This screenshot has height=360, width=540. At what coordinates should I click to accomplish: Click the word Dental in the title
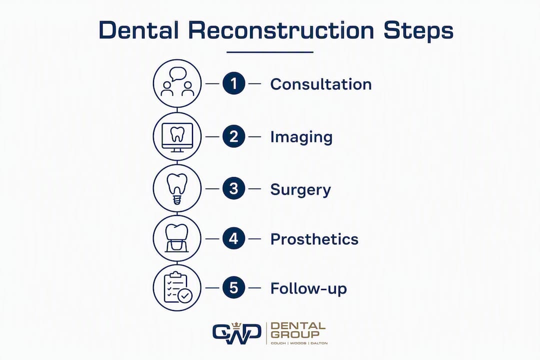pos(138,30)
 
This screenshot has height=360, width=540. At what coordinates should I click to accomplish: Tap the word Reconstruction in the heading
pos(281,30)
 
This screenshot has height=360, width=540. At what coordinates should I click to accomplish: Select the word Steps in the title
pos(418,31)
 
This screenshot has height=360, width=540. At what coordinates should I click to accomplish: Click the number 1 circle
pos(234,83)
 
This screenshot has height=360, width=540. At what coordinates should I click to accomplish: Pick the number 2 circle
pos(234,136)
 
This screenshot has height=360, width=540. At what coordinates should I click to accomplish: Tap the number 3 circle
pos(234,188)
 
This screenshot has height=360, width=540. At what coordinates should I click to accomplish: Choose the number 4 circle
pos(234,238)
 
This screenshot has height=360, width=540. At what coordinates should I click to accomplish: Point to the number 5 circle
pos(234,287)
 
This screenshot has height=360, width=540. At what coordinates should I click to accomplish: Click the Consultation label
pos(321,84)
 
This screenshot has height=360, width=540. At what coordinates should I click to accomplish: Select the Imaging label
pos(301,137)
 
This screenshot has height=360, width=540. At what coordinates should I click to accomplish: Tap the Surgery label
pos(300,190)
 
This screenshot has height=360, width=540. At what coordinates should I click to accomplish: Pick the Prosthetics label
pos(314,239)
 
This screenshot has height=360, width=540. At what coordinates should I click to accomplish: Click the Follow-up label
pos(308,288)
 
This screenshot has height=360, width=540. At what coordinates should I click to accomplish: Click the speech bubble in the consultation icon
pos(178,74)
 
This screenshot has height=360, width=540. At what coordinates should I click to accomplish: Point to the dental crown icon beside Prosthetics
pos(177,238)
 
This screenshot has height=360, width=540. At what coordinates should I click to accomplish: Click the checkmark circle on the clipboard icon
pos(185,295)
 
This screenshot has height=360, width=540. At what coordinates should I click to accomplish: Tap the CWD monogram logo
pos(236,333)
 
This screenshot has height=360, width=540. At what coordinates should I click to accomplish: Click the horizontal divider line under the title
pos(270,52)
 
